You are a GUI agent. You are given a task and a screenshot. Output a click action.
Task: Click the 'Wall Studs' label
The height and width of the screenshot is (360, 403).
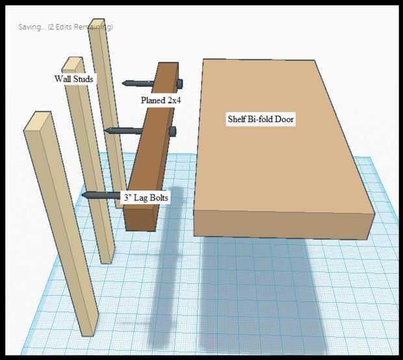(73, 79)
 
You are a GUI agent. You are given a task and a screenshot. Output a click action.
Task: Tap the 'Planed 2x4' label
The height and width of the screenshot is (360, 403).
(161, 100)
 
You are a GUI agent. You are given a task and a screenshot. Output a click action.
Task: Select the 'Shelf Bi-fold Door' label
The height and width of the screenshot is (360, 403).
(261, 119)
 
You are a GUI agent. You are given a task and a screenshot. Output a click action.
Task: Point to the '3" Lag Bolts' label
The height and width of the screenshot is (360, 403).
(146, 198)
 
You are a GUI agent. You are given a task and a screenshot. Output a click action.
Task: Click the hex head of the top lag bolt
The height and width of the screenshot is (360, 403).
(179, 83)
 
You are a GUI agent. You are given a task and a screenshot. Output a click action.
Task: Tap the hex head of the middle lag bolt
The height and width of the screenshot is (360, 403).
(173, 131)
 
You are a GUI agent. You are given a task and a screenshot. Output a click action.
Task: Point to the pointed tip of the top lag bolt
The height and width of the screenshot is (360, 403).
(123, 83)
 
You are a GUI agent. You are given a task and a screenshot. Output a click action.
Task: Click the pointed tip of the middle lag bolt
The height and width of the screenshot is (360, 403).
(105, 131)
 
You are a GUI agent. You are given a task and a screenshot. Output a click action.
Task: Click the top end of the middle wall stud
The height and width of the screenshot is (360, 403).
(73, 63)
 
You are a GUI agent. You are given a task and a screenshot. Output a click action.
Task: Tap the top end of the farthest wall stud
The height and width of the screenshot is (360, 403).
(97, 23)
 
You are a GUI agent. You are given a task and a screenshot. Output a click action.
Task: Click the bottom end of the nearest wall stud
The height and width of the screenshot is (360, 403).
(89, 333)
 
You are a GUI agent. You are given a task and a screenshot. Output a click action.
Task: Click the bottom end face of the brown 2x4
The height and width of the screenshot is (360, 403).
(140, 219)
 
